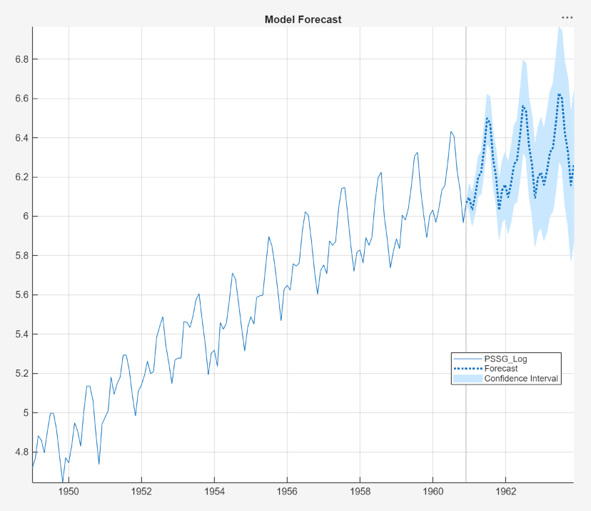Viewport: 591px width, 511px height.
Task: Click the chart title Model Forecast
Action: [303, 19]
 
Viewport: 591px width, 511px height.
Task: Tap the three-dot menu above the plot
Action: [567, 17]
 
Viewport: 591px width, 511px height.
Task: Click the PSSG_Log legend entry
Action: [505, 359]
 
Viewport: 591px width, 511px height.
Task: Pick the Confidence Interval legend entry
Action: [520, 379]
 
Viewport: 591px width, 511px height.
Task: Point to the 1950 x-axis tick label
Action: [69, 492]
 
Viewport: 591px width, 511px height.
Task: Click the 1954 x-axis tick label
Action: [214, 492]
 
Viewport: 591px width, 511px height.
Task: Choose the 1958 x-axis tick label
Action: [360, 492]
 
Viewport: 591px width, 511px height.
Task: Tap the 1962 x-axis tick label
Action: [505, 492]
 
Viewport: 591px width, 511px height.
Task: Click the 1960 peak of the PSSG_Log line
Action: [450, 132]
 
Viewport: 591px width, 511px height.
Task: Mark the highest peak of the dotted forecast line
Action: [559, 94]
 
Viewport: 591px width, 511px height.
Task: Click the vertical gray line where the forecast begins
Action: [466, 286]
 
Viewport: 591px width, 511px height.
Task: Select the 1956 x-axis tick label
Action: [287, 492]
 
